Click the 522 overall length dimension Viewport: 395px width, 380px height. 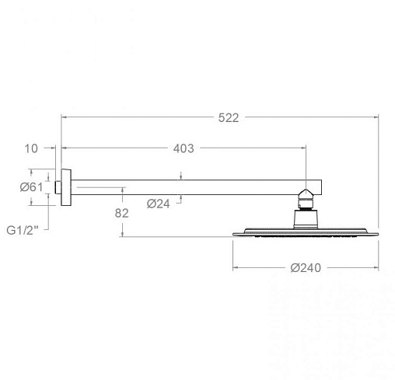point(229,118)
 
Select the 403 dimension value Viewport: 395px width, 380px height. point(184,148)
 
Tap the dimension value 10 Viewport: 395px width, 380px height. point(31,148)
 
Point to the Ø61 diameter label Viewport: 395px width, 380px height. point(31,187)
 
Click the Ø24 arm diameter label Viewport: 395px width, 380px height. point(159,204)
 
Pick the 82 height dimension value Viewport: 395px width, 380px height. point(121,213)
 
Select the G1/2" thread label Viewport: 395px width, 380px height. point(23,230)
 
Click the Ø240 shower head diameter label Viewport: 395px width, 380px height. point(306,268)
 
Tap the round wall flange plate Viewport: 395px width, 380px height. point(66,187)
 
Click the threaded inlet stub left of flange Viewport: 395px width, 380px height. point(58,187)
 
